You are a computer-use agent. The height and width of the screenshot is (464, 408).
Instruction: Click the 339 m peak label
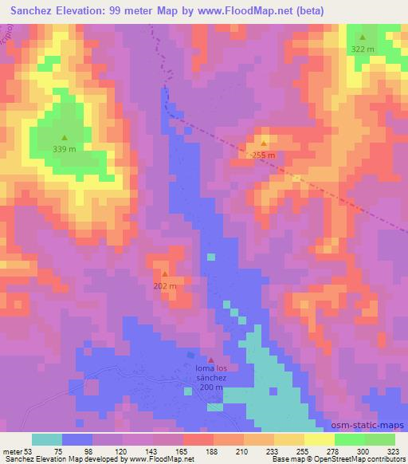point(65,148)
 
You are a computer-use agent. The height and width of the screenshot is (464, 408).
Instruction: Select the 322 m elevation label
point(363,49)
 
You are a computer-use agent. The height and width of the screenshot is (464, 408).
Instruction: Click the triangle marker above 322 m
point(363,37)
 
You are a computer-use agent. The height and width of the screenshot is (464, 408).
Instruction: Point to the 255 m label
point(264,155)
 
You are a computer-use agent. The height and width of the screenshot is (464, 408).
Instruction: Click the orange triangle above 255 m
point(264,144)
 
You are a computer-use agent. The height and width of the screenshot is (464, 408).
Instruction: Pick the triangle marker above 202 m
point(165,274)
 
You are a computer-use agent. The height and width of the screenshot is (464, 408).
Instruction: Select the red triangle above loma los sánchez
point(211,360)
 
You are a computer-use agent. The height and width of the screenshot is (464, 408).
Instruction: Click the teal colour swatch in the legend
point(47,439)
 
